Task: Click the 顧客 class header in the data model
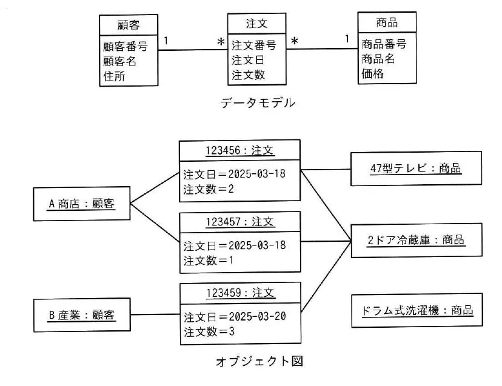(x=129, y=25)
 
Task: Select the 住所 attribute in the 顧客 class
(x=114, y=76)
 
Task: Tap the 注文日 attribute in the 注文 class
(x=247, y=60)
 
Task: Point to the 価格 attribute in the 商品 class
(x=372, y=73)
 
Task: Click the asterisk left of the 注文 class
(x=221, y=42)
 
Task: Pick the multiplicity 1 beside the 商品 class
(x=347, y=39)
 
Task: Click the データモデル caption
(x=258, y=103)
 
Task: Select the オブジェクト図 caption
(x=259, y=361)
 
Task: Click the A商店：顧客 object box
(x=82, y=204)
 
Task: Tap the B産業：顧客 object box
(x=82, y=315)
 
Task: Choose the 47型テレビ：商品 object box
(x=416, y=168)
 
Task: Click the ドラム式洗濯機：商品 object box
(x=417, y=310)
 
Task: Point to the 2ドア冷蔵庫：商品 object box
(x=417, y=240)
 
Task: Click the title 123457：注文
(x=240, y=222)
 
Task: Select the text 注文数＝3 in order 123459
(x=209, y=331)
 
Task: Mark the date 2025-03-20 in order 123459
(x=258, y=316)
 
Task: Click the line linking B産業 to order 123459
(x=155, y=314)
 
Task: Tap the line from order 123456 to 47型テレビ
(x=326, y=169)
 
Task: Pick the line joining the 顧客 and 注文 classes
(x=193, y=50)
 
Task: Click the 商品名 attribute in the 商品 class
(x=378, y=59)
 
